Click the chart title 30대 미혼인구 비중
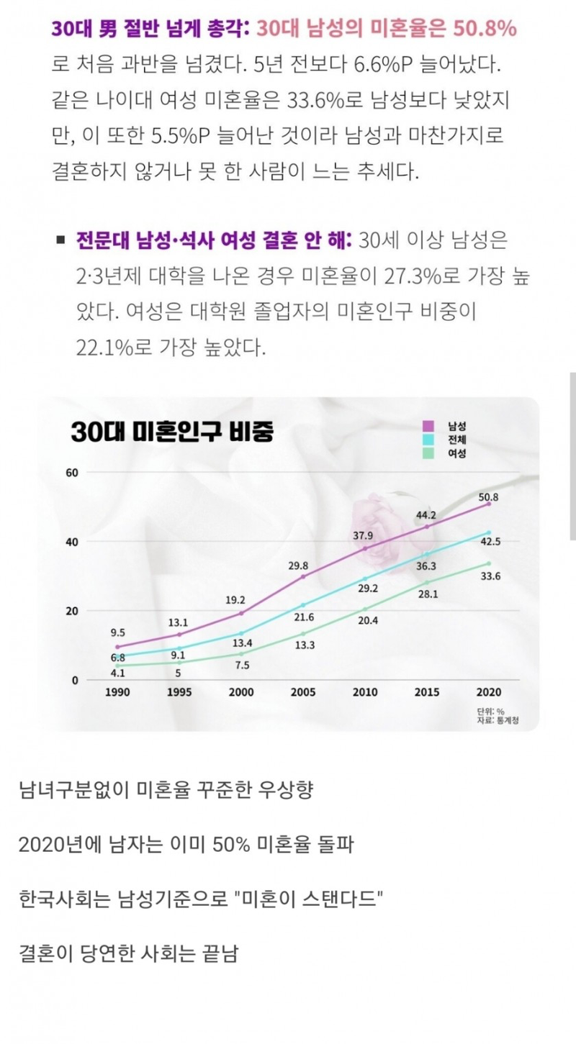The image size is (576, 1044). [172, 432]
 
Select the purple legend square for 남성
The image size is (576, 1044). [428, 426]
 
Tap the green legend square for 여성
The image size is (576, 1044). [428, 453]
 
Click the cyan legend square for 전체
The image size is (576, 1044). [428, 440]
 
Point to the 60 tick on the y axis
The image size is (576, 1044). [72, 473]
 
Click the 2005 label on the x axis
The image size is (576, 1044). [303, 692]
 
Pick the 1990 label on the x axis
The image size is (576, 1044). [117, 692]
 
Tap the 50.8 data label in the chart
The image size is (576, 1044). [488, 497]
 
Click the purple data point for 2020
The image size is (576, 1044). [489, 504]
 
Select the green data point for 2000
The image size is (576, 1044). [241, 654]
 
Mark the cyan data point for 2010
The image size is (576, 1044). [365, 579]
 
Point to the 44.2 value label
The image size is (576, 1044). [426, 515]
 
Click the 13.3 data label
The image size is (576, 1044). [305, 645]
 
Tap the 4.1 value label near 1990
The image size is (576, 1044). [117, 673]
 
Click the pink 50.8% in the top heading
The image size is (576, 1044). [485, 29]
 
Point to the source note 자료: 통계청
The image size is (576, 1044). [498, 720]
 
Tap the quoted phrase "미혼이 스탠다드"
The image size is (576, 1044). [309, 899]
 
